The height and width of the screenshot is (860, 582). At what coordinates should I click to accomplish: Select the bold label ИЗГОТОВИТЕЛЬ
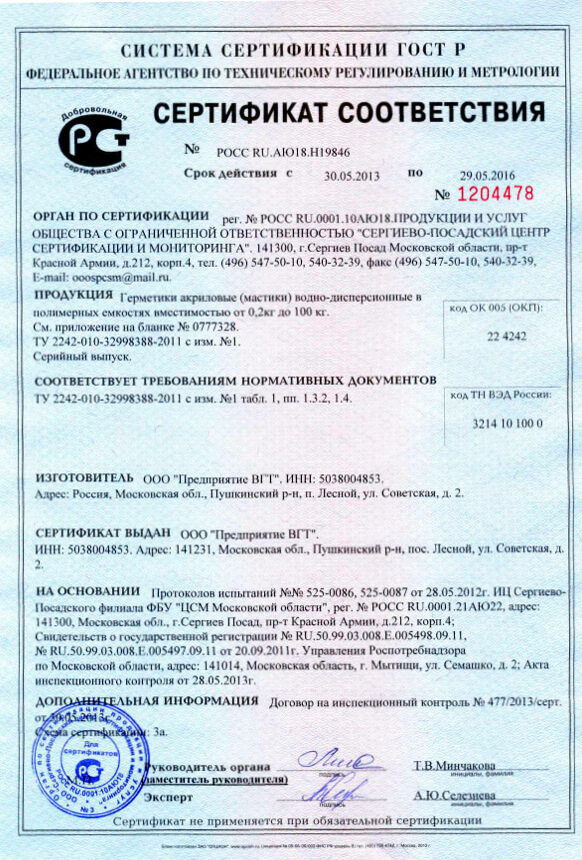pos(83,478)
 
